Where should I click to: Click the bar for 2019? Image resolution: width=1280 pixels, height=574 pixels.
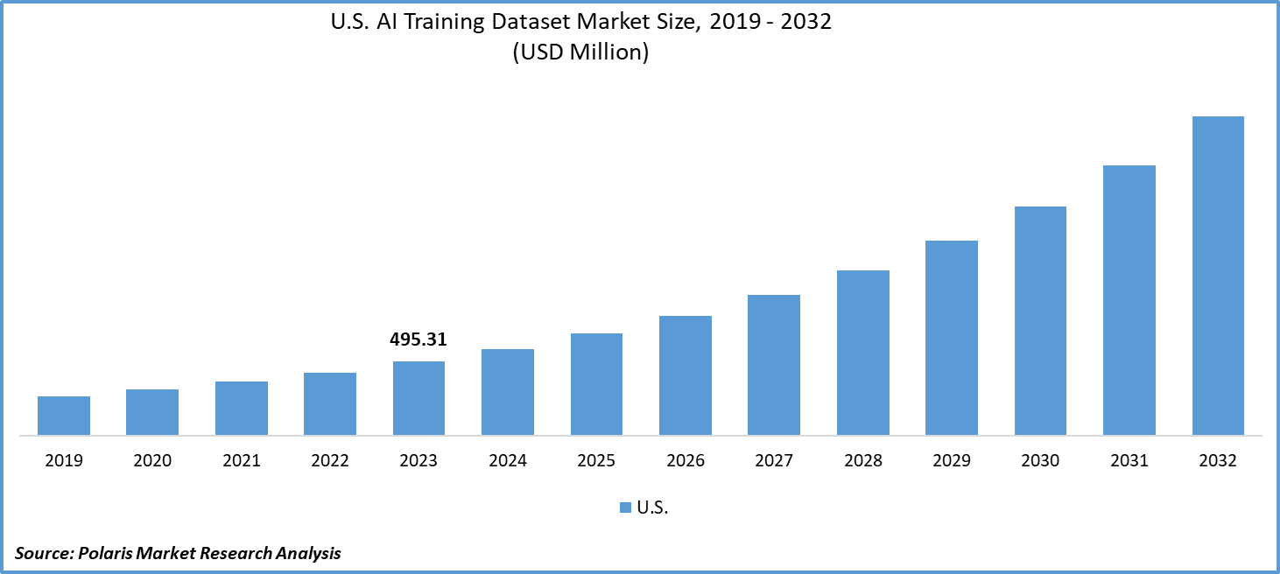(x=64, y=416)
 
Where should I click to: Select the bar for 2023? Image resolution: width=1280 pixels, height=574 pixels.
(x=418, y=398)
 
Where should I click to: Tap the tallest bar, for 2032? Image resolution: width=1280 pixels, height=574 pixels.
(x=1218, y=276)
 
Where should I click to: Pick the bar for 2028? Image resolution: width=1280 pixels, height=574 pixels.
(x=863, y=353)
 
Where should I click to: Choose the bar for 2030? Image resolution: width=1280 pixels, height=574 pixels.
(x=1040, y=320)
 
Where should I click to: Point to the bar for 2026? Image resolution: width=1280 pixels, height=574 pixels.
(x=686, y=375)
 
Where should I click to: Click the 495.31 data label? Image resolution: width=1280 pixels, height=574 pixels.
(x=418, y=340)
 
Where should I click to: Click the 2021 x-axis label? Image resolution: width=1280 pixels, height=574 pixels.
(x=241, y=461)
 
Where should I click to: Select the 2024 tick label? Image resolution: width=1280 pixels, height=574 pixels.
(x=508, y=461)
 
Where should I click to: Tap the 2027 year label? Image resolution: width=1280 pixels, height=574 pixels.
(x=774, y=461)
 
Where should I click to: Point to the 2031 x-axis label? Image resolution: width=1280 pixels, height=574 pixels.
(x=1129, y=461)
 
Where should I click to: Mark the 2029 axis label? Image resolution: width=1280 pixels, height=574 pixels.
(x=952, y=461)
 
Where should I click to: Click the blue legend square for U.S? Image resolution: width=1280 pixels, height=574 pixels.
(x=625, y=508)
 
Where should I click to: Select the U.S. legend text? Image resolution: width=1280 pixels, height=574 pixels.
(x=653, y=508)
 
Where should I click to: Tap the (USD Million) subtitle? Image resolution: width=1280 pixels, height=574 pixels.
(x=580, y=52)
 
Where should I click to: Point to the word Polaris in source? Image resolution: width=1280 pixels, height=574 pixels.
(x=107, y=553)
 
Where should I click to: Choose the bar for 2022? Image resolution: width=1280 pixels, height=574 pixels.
(x=330, y=403)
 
